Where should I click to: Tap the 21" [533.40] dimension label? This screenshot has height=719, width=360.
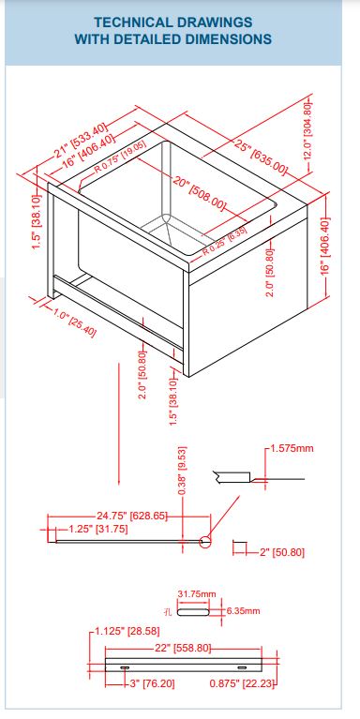click(82, 141)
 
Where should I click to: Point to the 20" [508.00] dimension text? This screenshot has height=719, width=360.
click(200, 192)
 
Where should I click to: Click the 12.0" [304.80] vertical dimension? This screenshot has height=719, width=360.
click(307, 130)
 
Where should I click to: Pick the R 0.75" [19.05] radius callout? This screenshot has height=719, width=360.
click(120, 156)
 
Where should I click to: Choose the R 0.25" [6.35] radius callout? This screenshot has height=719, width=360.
click(225, 240)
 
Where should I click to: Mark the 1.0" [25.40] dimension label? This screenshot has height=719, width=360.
click(75, 322)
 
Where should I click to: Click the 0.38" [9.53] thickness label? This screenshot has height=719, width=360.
click(182, 471)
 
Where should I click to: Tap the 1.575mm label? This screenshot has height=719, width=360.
click(292, 448)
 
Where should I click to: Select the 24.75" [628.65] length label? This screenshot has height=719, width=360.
click(132, 516)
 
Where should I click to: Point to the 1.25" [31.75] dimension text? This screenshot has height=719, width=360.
click(98, 529)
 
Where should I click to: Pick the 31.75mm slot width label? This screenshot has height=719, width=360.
click(196, 593)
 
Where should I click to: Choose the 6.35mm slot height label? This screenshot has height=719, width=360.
click(244, 611)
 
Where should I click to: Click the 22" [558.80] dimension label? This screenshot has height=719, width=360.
click(183, 648)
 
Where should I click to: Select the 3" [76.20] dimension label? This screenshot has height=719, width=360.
click(152, 683)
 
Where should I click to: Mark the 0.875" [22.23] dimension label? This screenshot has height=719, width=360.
click(241, 683)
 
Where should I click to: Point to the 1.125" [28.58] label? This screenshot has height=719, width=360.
click(127, 632)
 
